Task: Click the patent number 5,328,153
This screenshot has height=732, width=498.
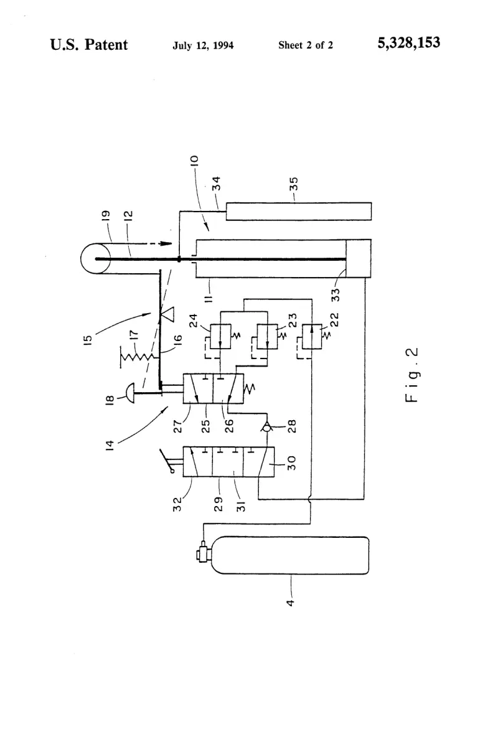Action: tap(408, 43)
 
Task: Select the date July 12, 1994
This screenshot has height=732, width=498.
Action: tap(203, 45)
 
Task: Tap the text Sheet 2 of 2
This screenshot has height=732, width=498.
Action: tap(306, 45)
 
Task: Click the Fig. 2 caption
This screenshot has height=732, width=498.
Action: tap(411, 375)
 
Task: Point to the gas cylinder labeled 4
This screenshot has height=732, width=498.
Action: tap(290, 555)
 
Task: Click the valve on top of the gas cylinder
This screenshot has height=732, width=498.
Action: tap(204, 554)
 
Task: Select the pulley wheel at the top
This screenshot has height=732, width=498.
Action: tap(96, 259)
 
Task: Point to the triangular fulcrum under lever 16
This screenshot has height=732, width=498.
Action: tap(166, 315)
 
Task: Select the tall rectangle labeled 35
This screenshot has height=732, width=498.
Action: tap(299, 211)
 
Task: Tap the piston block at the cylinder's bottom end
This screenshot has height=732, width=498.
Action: tap(359, 259)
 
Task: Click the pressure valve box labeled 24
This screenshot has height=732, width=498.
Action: tap(220, 336)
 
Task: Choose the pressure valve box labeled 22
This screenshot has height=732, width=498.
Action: tap(312, 336)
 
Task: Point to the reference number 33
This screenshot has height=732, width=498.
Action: tap(335, 294)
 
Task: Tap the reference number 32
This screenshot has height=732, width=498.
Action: tap(177, 504)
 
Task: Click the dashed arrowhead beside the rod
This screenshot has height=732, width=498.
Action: tap(165, 243)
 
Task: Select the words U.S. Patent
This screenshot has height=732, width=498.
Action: tap(88, 44)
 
